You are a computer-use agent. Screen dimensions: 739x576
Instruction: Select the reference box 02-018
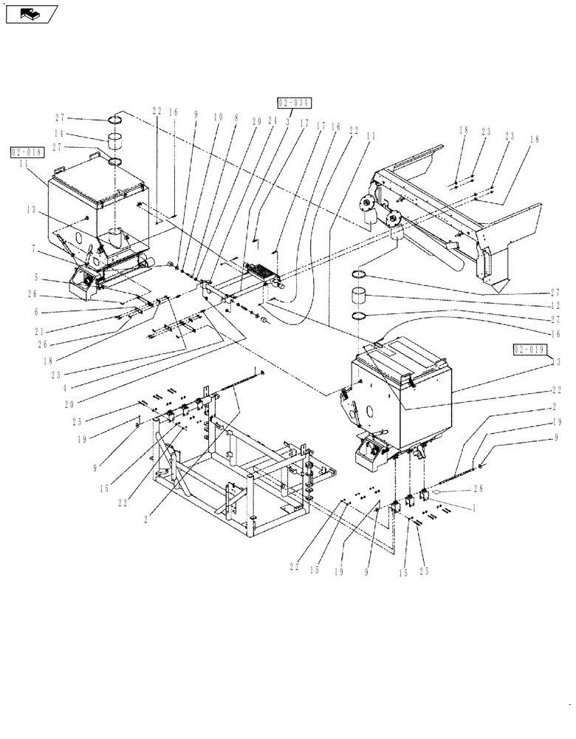(x=28, y=153)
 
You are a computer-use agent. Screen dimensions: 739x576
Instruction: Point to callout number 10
(x=219, y=115)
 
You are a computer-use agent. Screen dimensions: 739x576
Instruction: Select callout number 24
(x=272, y=120)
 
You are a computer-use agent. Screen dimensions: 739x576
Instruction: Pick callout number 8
(x=236, y=115)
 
